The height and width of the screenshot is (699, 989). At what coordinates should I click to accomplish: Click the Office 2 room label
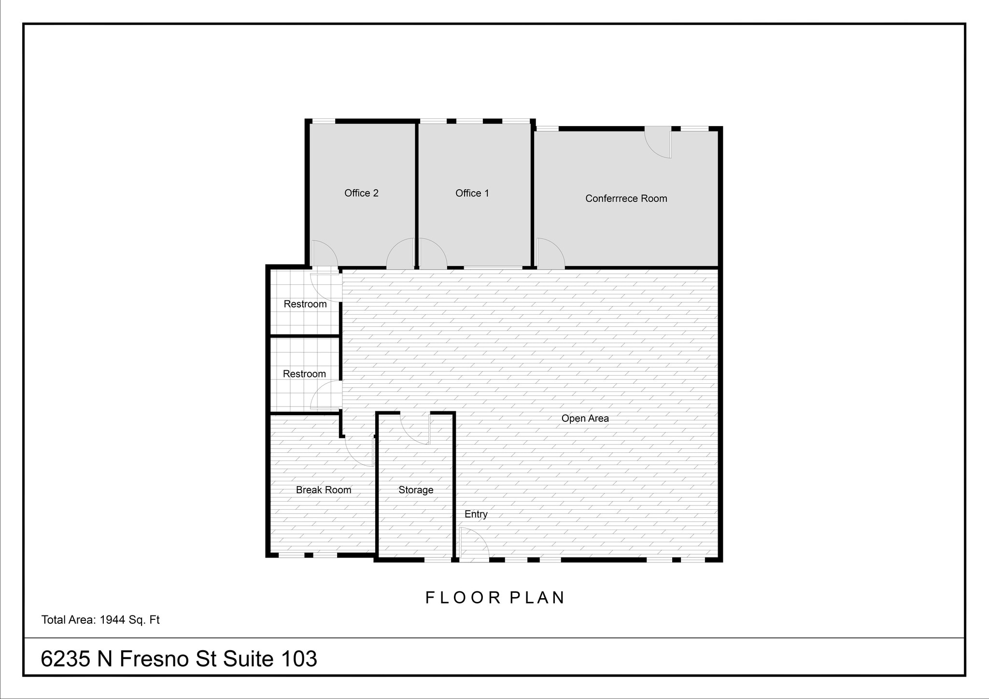pyautogui.click(x=361, y=193)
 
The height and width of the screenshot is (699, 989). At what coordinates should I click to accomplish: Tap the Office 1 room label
pyautogui.click(x=472, y=193)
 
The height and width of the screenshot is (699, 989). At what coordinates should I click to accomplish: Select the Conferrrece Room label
pyautogui.click(x=626, y=198)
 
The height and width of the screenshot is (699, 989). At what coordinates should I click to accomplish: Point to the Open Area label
pyautogui.click(x=585, y=419)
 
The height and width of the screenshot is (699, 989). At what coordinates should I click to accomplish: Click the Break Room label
pyautogui.click(x=323, y=490)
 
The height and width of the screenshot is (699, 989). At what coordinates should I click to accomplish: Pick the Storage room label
pyautogui.click(x=415, y=490)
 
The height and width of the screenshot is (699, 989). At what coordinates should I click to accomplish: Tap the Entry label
pyautogui.click(x=476, y=514)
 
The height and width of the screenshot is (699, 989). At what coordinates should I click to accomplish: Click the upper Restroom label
pyautogui.click(x=305, y=304)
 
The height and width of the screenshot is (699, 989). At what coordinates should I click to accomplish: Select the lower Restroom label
pyautogui.click(x=304, y=374)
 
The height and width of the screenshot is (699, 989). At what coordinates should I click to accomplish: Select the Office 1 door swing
pyautogui.click(x=432, y=254)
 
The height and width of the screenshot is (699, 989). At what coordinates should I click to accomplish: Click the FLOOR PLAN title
pyautogui.click(x=495, y=598)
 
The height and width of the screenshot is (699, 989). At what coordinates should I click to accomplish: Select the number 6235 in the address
pyautogui.click(x=65, y=658)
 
